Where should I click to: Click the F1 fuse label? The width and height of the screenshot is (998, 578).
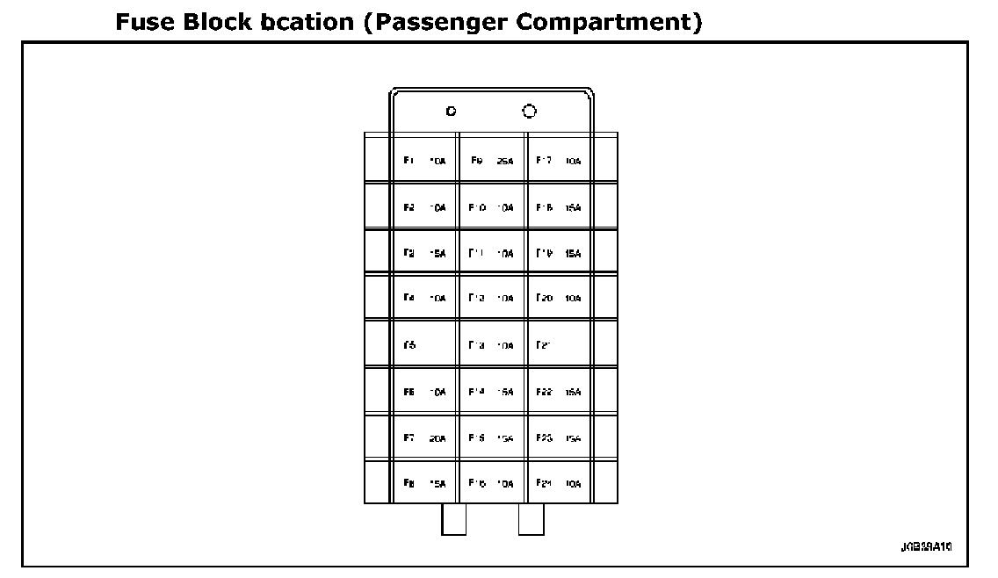pos(409,161)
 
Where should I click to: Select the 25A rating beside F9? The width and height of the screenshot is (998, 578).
pos(505,162)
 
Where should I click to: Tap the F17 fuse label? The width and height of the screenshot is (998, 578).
pos(544,161)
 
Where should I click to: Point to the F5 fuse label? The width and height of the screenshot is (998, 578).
pos(409,345)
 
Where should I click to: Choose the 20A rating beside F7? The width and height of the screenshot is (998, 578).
pos(438,437)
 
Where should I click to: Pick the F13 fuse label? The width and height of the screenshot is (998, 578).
pos(478,345)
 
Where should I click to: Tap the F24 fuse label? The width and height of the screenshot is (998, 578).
pos(545,483)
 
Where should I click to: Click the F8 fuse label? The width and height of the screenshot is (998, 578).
pos(409,483)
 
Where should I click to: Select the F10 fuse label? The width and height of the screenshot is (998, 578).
pos(478,207)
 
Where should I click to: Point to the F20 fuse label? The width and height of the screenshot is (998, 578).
pos(545,299)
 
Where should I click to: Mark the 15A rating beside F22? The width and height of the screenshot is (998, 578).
pos(574,392)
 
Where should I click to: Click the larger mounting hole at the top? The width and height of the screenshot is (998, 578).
pos(529,112)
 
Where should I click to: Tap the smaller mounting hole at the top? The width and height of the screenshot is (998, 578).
pos(451,112)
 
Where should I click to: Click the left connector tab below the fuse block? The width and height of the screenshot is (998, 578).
pos(453,519)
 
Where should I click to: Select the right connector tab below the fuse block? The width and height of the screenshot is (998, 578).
pos(532,519)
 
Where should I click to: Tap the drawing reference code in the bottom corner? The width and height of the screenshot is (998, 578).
pos(926,546)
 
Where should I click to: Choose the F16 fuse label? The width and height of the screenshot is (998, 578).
pos(478,483)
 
